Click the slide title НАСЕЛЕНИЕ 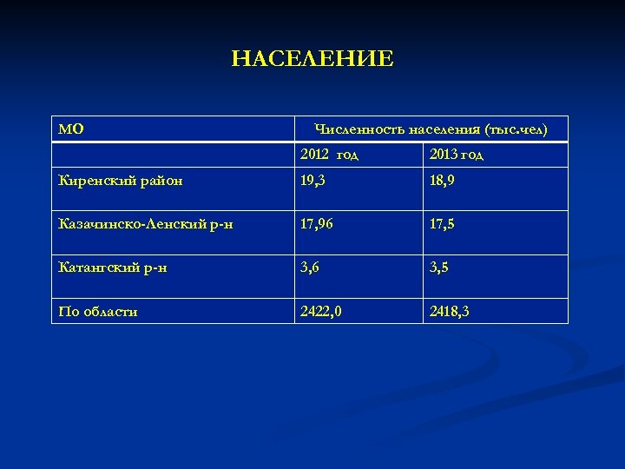coord(312,59)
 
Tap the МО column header coord(71,129)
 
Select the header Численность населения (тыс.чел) coord(431,129)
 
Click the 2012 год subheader coord(329,155)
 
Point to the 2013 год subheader coord(457,155)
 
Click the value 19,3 coord(313,181)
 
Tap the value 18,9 coord(443,181)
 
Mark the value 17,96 coord(318,224)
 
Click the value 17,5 coord(443,224)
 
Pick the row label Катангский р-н coord(112,268)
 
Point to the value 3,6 coord(310,268)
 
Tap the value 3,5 coord(439,268)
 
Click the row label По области coord(98,311)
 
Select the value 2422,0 coord(320,311)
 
